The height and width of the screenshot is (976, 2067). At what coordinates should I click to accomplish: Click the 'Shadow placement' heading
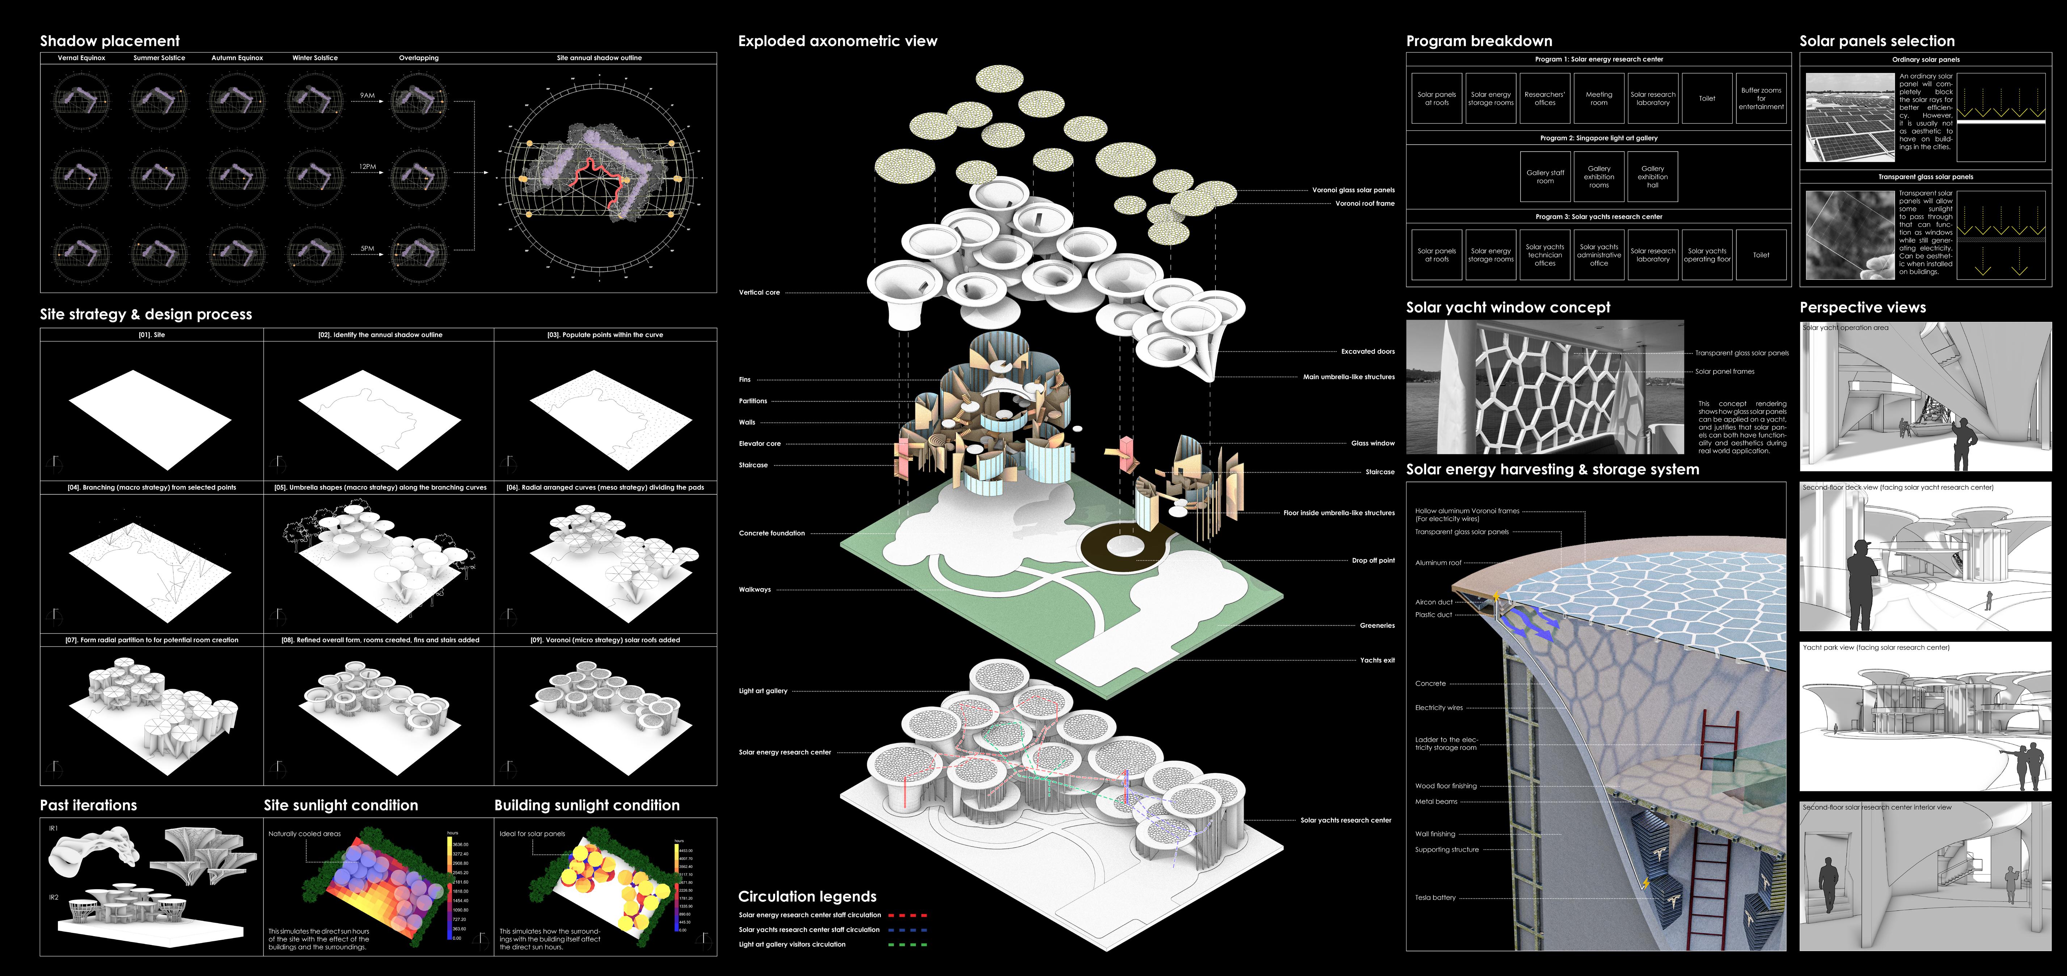tap(110, 41)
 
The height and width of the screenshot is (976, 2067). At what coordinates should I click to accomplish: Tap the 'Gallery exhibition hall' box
tap(1652, 177)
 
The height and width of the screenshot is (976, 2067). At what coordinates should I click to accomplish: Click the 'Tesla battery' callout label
tap(1435, 897)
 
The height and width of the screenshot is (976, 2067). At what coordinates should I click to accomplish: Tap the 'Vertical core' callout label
tap(759, 292)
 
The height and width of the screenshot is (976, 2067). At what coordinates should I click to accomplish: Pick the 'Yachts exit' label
tap(1377, 660)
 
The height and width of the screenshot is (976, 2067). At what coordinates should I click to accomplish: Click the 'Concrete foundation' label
tap(771, 533)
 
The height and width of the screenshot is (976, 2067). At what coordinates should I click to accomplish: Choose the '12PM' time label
tap(368, 167)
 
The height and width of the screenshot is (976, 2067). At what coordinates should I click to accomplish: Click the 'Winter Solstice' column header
tap(314, 58)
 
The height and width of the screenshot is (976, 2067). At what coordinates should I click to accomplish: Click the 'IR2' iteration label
tap(54, 897)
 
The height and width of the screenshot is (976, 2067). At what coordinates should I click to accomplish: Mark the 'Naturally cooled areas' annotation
tap(304, 834)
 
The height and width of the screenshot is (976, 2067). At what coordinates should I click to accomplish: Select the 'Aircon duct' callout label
tap(1433, 602)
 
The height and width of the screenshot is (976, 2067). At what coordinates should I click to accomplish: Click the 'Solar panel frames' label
tap(1724, 372)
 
